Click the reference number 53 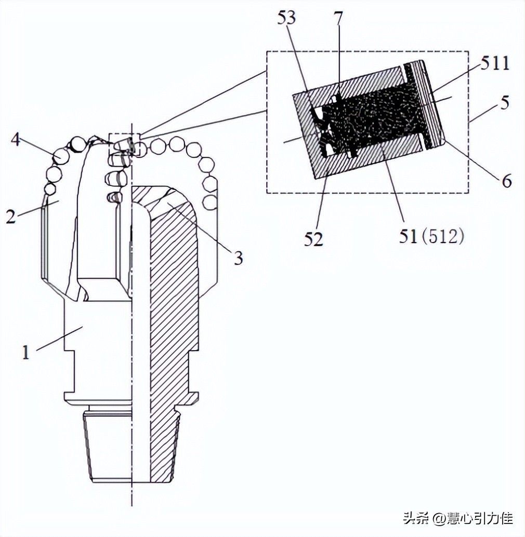[x=286, y=18]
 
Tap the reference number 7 [x=338, y=19]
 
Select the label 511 [x=494, y=63]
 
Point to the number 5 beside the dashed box [x=504, y=102]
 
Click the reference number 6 [x=507, y=180]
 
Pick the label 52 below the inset [x=313, y=239]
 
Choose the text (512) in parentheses [x=442, y=236]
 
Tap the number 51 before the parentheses [x=408, y=236]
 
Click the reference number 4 [x=16, y=140]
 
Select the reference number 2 [x=10, y=217]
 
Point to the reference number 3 [x=239, y=258]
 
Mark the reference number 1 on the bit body [x=26, y=353]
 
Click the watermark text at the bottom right [x=457, y=518]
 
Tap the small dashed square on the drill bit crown [x=124, y=144]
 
